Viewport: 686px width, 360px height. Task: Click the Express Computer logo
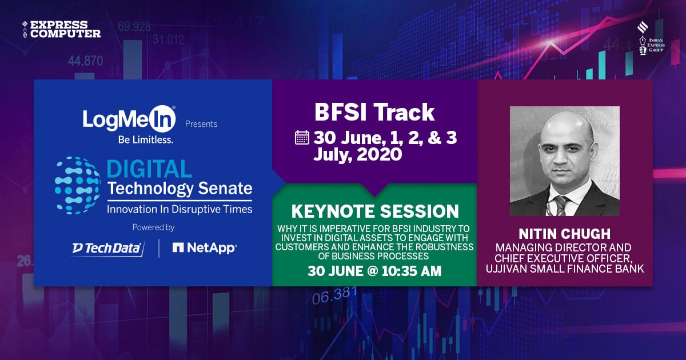click(62, 29)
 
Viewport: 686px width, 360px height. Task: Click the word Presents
click(201, 124)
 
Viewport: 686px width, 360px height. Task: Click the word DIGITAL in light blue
click(149, 169)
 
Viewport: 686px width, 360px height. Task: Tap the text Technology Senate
click(180, 188)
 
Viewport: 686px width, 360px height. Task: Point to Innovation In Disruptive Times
click(180, 209)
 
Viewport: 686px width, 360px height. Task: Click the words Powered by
click(153, 227)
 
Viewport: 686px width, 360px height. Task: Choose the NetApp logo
click(204, 247)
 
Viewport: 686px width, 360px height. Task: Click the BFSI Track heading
click(374, 113)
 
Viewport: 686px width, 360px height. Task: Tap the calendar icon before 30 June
click(302, 138)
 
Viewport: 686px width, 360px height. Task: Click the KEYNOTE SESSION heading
click(374, 211)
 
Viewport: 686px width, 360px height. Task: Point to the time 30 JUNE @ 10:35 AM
click(374, 271)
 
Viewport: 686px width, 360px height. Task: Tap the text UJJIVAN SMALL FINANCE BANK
click(565, 268)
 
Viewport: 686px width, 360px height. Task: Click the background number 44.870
click(85, 61)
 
